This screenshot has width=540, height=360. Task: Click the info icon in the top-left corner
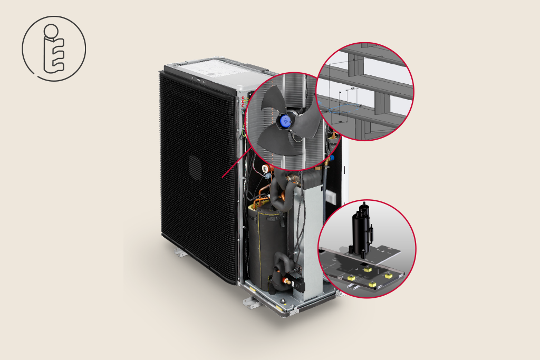point(53,48)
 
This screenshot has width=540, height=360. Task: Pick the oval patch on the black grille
point(195,168)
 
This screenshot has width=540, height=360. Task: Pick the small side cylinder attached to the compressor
point(371,232)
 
